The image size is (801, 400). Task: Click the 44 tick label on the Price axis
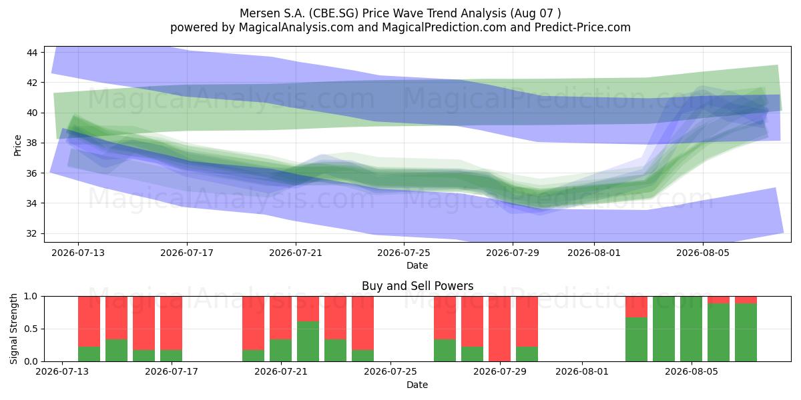32,53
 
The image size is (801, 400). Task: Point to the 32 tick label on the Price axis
32,233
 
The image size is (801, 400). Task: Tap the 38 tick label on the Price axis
32,143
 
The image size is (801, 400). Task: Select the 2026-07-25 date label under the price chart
404,253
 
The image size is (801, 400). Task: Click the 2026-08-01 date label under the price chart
594,253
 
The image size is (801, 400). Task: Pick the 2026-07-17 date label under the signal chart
172,371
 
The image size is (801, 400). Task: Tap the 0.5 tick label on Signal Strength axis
31,329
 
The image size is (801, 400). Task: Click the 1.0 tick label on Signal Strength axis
31,297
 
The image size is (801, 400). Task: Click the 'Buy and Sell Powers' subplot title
417,286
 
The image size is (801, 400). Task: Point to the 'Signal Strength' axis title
13,329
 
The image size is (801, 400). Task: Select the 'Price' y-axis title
17,145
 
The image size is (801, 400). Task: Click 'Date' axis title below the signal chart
417,385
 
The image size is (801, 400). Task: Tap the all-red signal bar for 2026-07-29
499,329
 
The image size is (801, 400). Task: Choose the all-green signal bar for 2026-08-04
663,329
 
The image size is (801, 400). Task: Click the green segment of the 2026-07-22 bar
308,341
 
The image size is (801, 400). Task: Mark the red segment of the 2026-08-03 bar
637,307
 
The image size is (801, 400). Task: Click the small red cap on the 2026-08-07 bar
746,300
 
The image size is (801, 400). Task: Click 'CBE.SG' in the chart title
334,13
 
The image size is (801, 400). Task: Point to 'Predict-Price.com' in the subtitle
583,27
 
